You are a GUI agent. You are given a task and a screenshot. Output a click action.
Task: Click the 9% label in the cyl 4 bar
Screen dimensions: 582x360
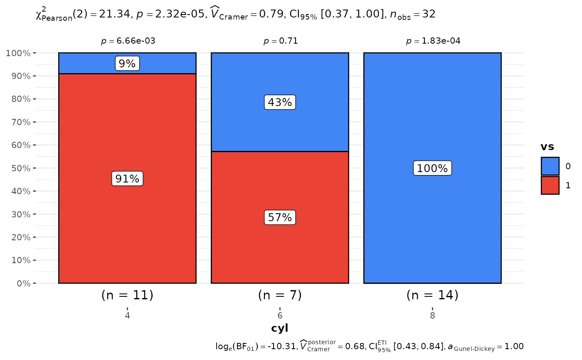coord(127,63)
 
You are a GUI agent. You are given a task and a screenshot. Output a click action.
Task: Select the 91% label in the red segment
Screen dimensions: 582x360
coord(127,178)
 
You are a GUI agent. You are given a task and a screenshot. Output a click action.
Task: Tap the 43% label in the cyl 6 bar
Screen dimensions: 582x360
coord(280,102)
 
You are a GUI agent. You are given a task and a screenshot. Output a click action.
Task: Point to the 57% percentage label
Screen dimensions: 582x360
coord(280,217)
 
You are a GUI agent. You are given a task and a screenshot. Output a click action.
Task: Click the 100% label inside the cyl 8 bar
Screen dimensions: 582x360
coord(432,168)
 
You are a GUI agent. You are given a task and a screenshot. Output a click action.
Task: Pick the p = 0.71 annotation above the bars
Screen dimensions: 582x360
coord(281,41)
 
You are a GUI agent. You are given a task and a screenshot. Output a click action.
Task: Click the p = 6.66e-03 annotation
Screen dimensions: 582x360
coord(128,41)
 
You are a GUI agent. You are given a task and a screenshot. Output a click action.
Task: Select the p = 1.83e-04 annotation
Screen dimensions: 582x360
coord(433,41)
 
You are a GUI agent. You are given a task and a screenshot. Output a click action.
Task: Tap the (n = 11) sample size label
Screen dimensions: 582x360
coord(127,295)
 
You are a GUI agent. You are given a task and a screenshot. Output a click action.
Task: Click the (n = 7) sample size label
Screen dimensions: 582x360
coord(280,295)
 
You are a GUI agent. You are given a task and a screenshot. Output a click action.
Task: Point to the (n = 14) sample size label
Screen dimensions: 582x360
coord(432,295)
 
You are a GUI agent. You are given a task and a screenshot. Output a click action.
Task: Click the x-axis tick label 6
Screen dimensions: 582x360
coord(280,316)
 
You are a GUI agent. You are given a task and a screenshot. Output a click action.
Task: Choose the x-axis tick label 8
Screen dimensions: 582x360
coord(432,316)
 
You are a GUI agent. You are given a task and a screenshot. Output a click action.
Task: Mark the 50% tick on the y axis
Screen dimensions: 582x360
coord(21,168)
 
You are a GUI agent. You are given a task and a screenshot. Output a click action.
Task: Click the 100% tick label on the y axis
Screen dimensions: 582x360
coord(18,53)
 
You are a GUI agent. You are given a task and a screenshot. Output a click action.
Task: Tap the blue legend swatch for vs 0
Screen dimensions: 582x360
coord(550,166)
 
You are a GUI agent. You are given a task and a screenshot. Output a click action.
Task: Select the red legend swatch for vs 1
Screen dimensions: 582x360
coord(550,185)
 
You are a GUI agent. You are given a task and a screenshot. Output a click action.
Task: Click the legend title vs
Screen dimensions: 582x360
coord(547,147)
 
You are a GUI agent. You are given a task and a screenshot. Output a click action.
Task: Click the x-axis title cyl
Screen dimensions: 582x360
coord(279,328)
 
